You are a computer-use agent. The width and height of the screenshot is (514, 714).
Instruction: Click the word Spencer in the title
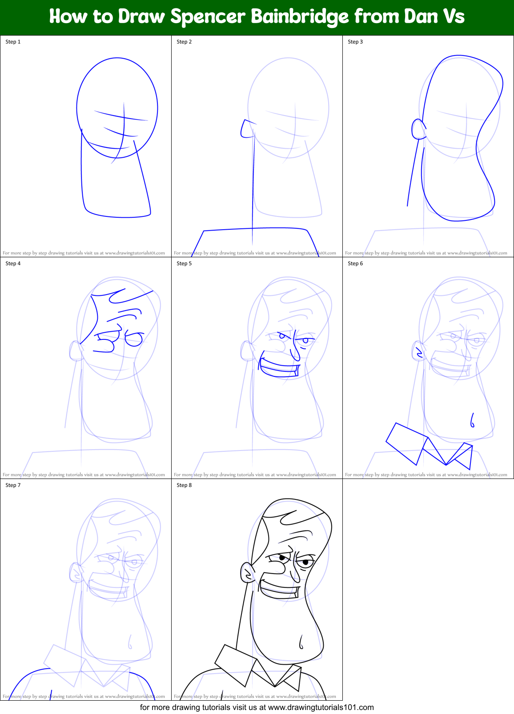pos(207,17)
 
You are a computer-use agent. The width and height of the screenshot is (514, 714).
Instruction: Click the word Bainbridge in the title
pos(300,17)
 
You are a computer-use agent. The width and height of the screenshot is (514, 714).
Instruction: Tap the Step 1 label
pos(13,42)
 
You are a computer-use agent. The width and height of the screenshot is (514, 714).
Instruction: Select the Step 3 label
pos(355,42)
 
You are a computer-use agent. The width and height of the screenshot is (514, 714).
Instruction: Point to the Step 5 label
pos(184,263)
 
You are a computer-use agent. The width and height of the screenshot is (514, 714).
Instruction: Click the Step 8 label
pos(184,485)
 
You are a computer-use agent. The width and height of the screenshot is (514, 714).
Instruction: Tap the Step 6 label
pos(355,263)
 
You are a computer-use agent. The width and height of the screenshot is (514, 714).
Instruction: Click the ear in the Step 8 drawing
pos(247,573)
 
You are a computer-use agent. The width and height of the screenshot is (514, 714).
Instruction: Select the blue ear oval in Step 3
pos(418,129)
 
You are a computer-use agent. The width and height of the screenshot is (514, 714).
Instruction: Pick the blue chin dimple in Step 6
pos(472,420)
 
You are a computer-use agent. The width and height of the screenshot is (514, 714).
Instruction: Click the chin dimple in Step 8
pos(301,642)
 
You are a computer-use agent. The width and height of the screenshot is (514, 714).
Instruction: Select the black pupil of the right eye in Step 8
pos(305,562)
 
